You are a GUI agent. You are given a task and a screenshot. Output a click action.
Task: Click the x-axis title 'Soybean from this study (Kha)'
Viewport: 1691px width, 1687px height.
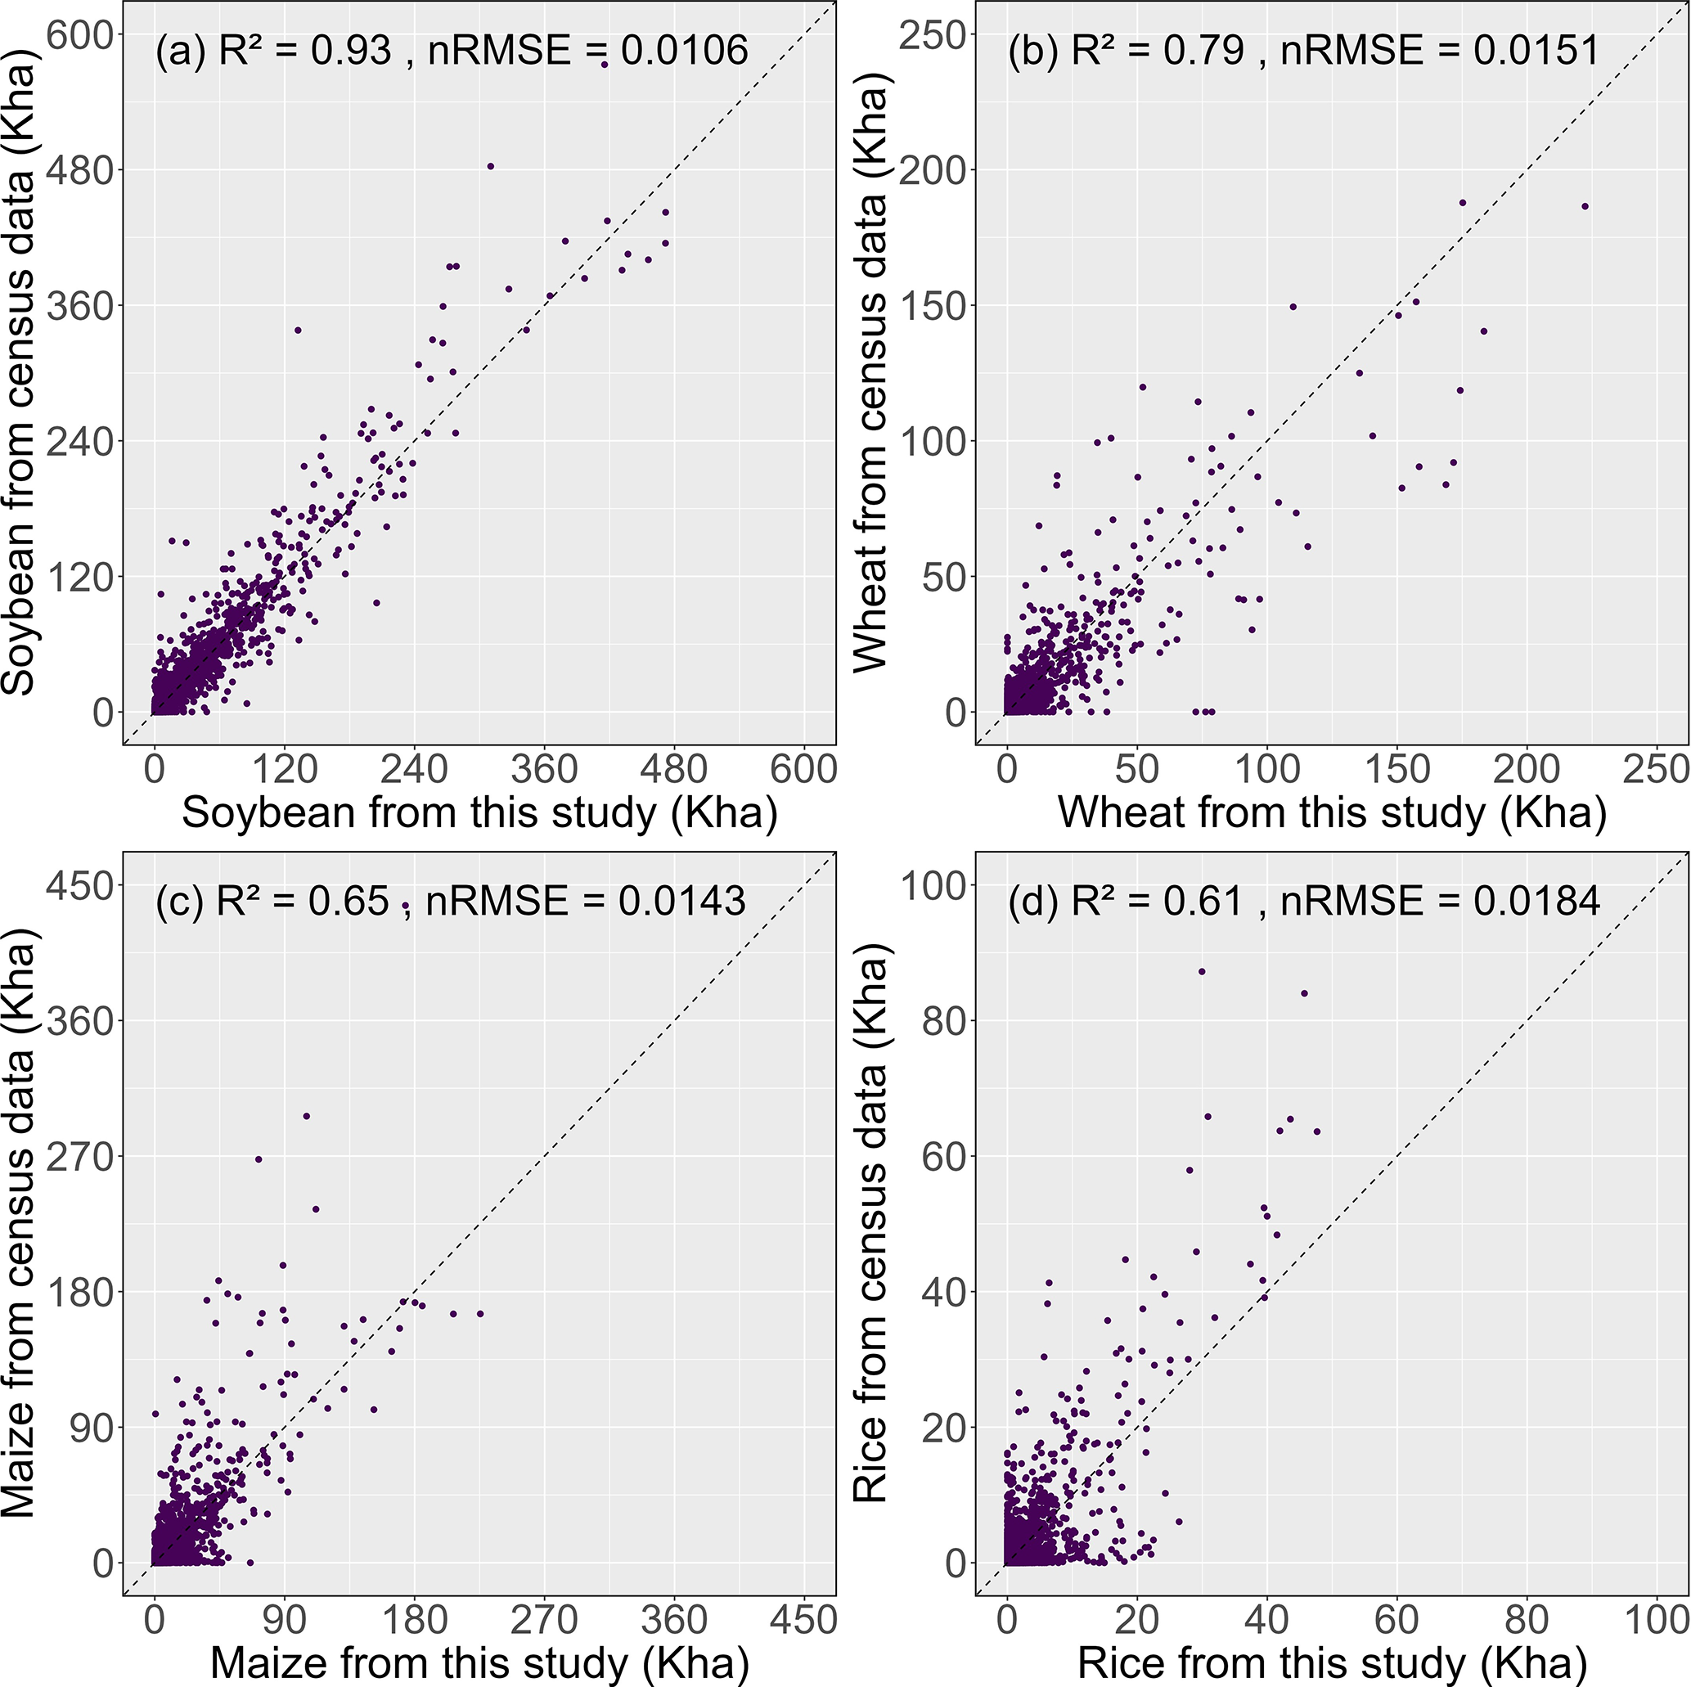(x=479, y=813)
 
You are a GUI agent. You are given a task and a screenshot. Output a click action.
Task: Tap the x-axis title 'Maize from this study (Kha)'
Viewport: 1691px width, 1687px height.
(x=479, y=1662)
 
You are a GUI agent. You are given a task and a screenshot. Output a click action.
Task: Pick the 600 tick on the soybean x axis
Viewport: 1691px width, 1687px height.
(x=803, y=770)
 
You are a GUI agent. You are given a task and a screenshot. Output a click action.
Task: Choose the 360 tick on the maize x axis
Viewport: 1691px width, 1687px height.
(x=674, y=1620)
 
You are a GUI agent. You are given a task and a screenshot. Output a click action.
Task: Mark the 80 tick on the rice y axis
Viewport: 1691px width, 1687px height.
(x=943, y=1021)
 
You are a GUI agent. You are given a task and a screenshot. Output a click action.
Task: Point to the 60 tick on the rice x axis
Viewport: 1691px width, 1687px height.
(x=1397, y=1620)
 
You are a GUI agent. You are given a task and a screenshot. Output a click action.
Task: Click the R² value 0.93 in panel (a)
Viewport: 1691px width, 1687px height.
(x=351, y=50)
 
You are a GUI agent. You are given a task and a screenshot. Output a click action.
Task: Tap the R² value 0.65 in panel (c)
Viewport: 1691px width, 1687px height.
(x=349, y=901)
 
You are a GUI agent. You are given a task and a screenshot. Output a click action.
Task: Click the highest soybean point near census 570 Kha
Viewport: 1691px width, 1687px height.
(x=604, y=65)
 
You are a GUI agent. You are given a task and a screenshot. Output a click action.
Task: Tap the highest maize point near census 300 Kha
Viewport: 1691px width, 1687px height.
(x=306, y=1116)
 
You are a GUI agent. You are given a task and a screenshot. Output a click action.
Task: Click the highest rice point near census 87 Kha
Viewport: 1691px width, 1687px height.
(x=1202, y=972)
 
